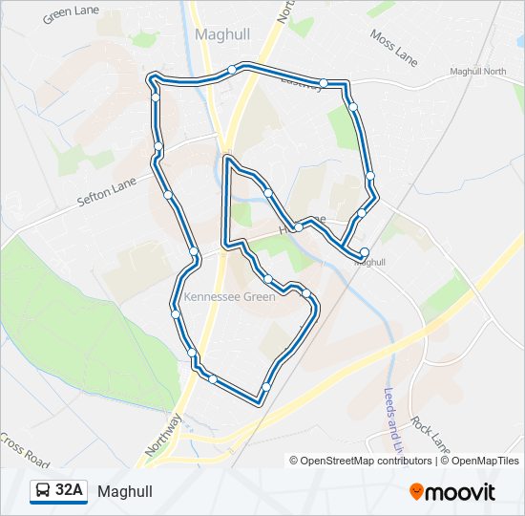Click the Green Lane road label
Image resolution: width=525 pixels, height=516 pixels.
tap(71, 13)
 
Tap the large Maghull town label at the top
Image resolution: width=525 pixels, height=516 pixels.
tap(222, 33)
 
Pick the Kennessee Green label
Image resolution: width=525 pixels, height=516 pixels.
tap(230, 296)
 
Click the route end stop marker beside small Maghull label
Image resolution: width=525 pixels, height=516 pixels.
tap(364, 252)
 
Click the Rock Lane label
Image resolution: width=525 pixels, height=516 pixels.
tap(430, 433)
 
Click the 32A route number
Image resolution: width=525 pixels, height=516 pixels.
tap(70, 491)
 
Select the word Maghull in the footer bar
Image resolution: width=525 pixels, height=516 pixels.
tap(124, 492)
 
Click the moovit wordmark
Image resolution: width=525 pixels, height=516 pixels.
tap(461, 492)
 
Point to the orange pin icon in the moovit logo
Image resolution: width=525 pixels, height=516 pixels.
tap(417, 492)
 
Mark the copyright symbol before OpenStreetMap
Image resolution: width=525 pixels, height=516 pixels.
tap(295, 461)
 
